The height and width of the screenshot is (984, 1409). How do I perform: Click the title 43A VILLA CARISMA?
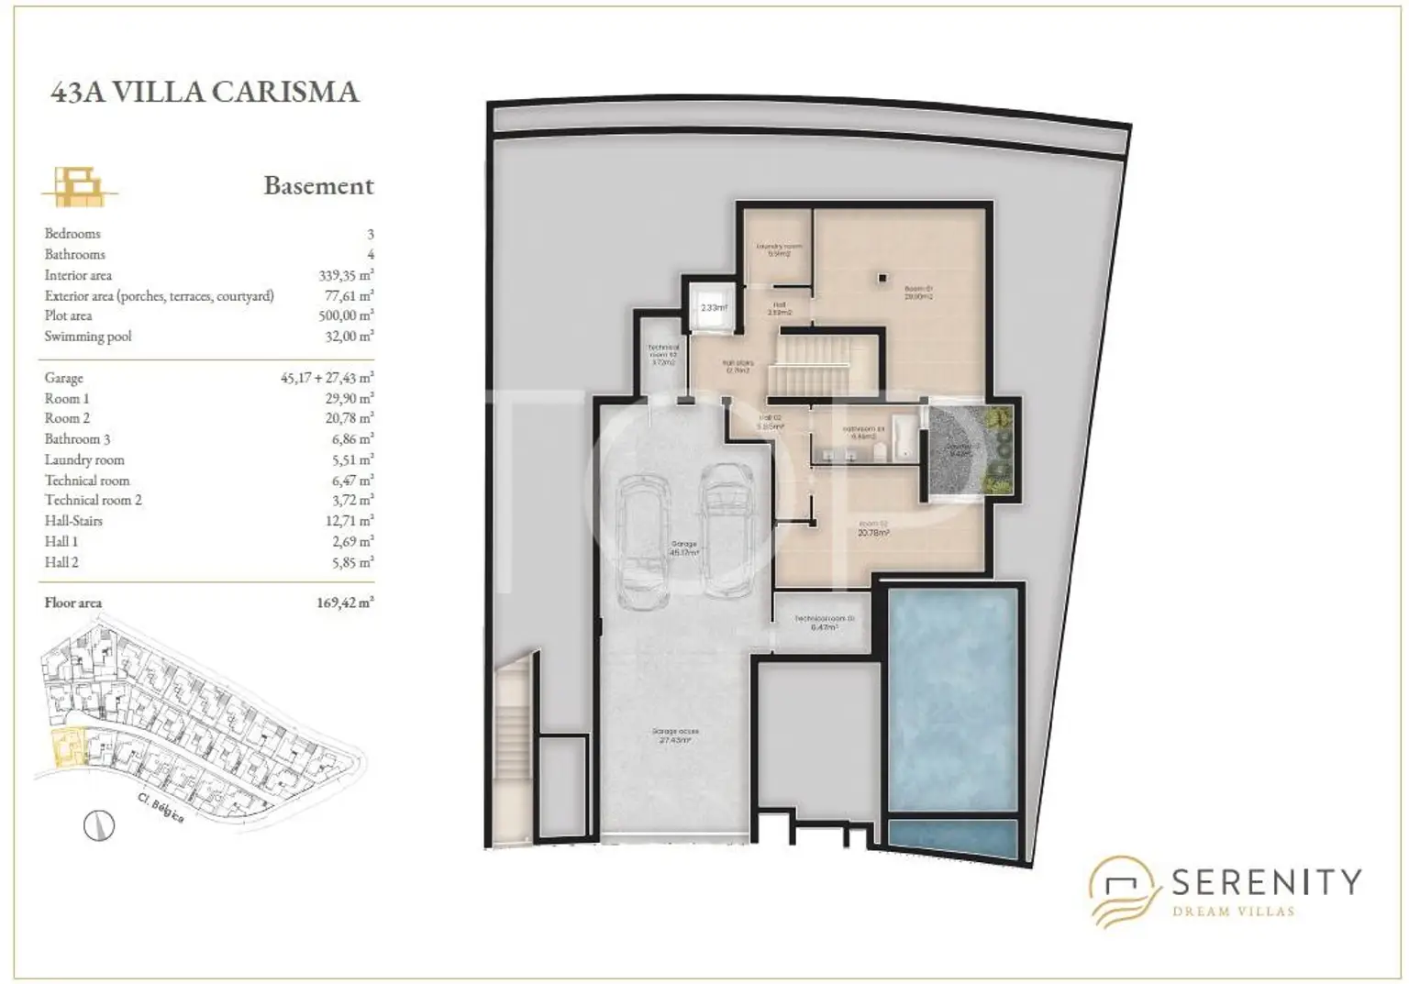coord(205,92)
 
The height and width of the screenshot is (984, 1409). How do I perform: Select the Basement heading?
coord(318,185)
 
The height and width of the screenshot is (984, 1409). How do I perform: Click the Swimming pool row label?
coord(88,337)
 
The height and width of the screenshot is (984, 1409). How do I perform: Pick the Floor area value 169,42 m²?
coord(345,603)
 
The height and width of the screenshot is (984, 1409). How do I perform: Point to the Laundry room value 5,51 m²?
coord(352,459)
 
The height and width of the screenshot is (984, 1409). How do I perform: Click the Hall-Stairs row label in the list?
coord(73,521)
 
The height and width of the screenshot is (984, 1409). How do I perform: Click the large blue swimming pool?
coord(953,699)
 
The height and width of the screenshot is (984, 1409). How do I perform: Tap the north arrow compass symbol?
coord(99,826)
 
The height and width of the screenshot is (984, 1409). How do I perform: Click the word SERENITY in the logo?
coord(1266,882)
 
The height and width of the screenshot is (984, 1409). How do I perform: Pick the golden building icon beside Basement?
coord(79,186)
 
